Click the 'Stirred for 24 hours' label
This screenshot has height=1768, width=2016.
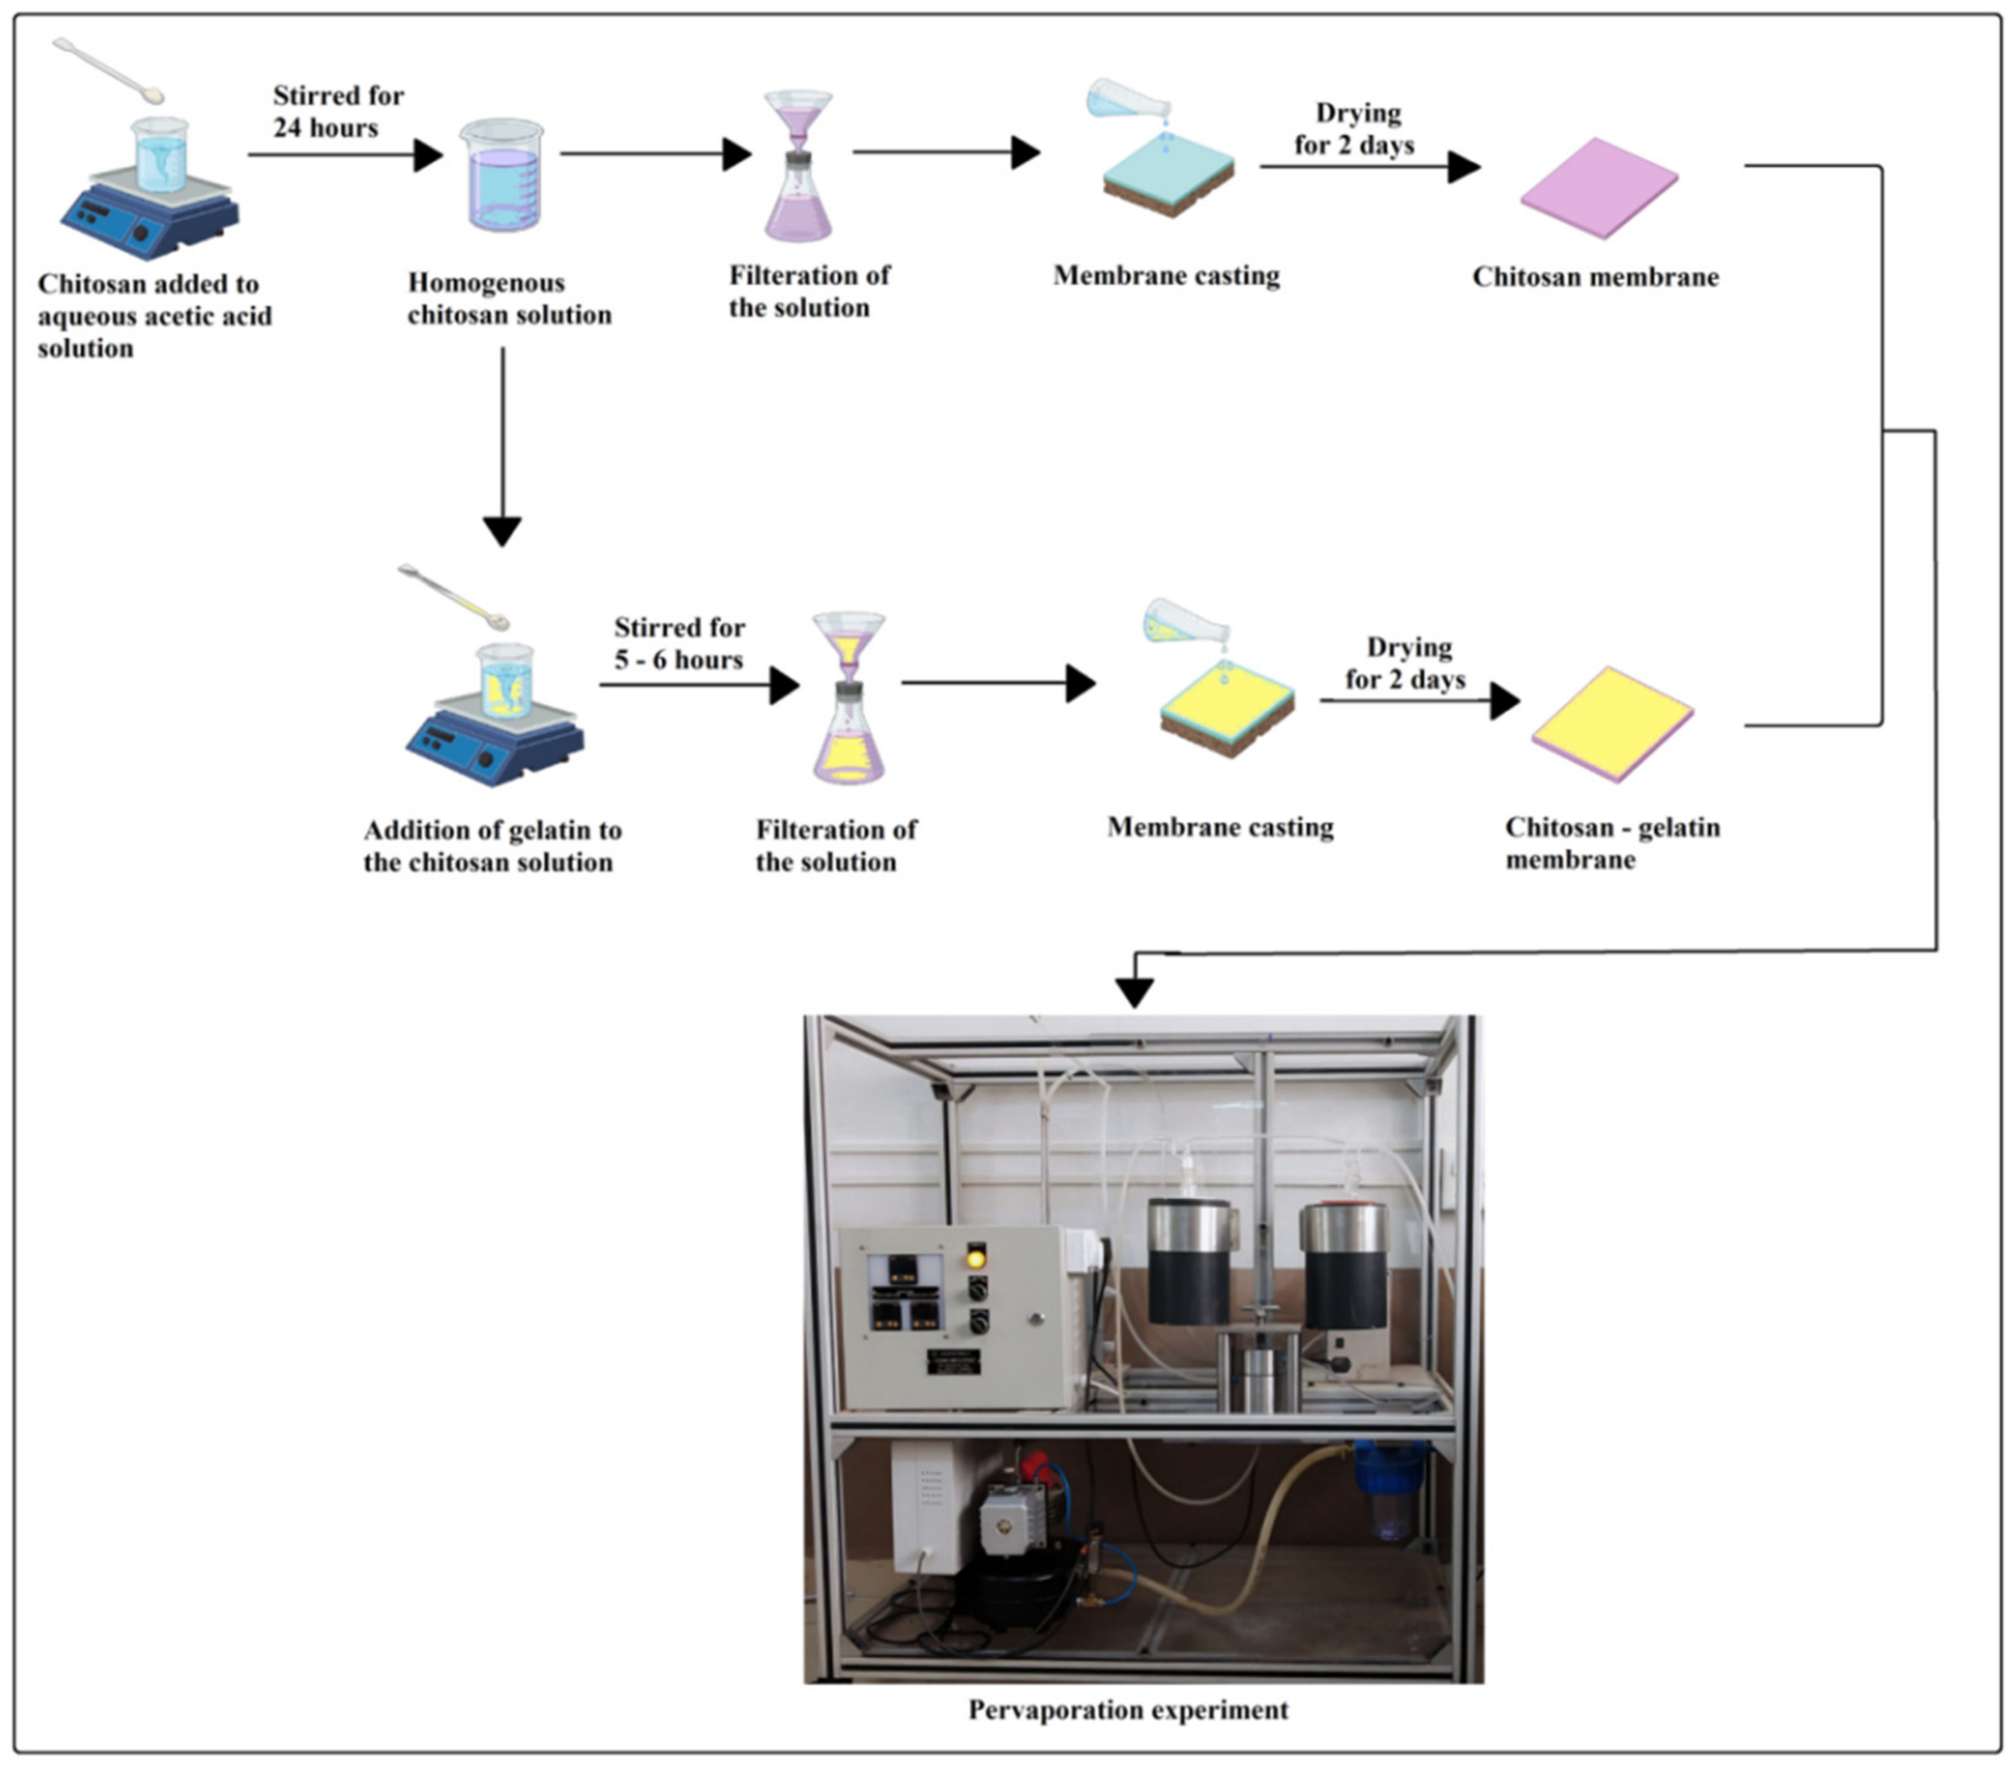click(337, 111)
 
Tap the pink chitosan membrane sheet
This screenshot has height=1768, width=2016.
click(1599, 189)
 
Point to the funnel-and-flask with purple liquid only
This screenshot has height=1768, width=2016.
click(798, 166)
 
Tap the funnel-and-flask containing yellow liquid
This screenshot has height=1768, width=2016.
click(848, 698)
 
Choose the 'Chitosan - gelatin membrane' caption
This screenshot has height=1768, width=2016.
click(1612, 843)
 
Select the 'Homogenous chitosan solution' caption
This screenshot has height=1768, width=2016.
click(509, 298)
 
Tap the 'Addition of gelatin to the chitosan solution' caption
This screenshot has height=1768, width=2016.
click(492, 845)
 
